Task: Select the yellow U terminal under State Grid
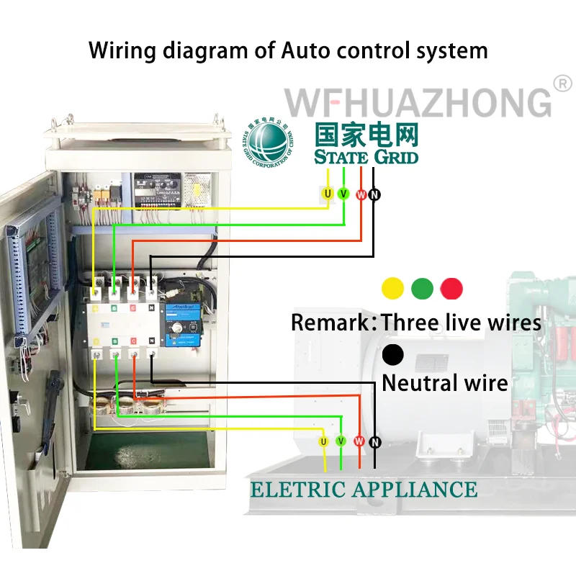pyautogui.click(x=328, y=194)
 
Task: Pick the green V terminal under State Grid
pyautogui.click(x=343, y=194)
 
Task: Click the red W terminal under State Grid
pyautogui.click(x=361, y=194)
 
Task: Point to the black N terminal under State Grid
pyautogui.click(x=374, y=194)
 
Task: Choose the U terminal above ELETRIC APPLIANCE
pyautogui.click(x=324, y=441)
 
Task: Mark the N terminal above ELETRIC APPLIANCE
pyautogui.click(x=374, y=441)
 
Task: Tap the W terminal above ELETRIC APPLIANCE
pyautogui.click(x=359, y=441)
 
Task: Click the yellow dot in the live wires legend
pyautogui.click(x=392, y=289)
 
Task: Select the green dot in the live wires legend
pyautogui.click(x=422, y=289)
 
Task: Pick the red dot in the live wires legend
pyautogui.click(x=451, y=289)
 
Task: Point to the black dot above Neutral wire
pyautogui.click(x=393, y=354)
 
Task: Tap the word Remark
pyautogui.click(x=331, y=322)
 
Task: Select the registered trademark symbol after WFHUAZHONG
pyautogui.click(x=562, y=84)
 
